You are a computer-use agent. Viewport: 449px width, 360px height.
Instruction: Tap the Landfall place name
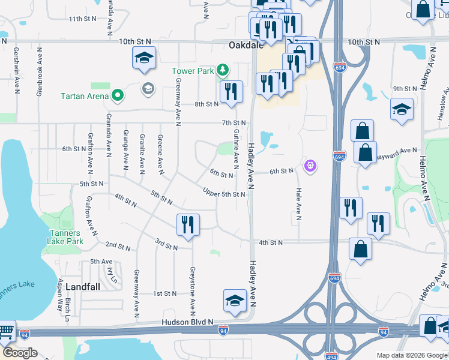click(x=82, y=286)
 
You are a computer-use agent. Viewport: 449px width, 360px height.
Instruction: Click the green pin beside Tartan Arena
click(x=118, y=95)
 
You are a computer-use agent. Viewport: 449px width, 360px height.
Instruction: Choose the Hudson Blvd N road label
click(x=187, y=322)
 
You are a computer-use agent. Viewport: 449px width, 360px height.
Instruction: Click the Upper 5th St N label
click(x=224, y=194)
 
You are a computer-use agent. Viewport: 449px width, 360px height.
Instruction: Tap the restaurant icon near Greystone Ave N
click(x=188, y=225)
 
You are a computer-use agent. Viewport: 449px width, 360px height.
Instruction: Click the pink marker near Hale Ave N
click(x=310, y=165)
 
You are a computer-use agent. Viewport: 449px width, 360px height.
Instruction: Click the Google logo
click(x=20, y=353)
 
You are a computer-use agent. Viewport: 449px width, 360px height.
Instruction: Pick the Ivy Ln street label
click(x=110, y=274)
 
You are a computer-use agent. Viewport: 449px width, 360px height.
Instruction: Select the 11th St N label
click(x=83, y=19)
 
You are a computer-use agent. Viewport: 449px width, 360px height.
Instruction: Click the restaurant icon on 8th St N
click(x=231, y=92)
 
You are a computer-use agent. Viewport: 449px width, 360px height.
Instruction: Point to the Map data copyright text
click(x=412, y=355)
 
